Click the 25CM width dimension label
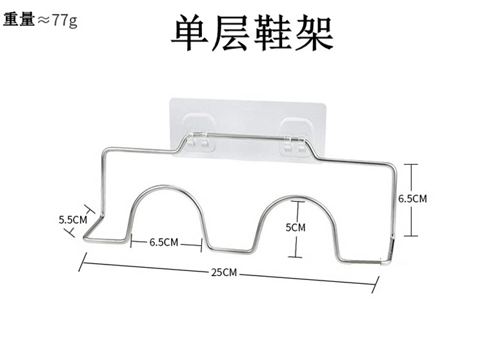tap(224, 272)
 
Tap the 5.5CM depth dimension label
tap(72, 219)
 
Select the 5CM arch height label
tap(295, 227)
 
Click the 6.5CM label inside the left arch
tap(163, 243)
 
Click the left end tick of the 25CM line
tap(83, 262)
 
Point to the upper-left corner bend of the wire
tap(104, 153)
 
